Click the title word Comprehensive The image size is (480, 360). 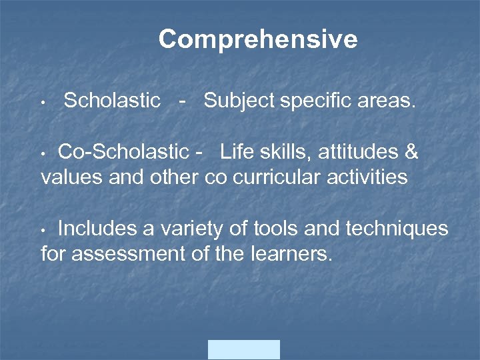(x=258, y=39)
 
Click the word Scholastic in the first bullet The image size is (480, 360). (x=112, y=101)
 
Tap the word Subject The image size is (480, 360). (x=239, y=101)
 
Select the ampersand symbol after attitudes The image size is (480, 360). (x=411, y=152)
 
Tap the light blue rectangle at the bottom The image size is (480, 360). (x=244, y=349)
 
